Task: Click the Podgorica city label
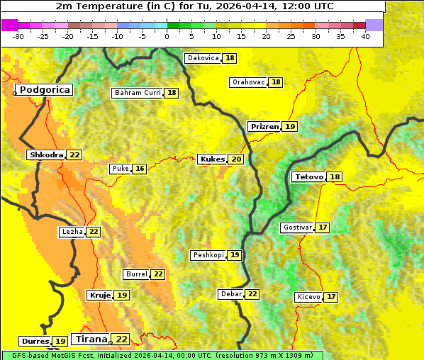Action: (45, 90)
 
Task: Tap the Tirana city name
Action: (90, 339)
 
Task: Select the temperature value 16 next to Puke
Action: (140, 169)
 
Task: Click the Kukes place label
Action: (212, 159)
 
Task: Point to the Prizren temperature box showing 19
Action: (290, 127)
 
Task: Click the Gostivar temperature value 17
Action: (323, 227)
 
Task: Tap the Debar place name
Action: (231, 294)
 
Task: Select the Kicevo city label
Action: (308, 297)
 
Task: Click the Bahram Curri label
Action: (138, 93)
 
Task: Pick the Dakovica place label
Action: (202, 58)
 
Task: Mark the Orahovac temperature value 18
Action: (276, 82)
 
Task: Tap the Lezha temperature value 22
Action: (94, 232)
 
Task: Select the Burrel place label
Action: (135, 274)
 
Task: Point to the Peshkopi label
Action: (208, 255)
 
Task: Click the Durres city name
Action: (35, 342)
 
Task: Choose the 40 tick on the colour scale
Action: (365, 35)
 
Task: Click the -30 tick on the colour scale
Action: (18, 35)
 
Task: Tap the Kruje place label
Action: (99, 295)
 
